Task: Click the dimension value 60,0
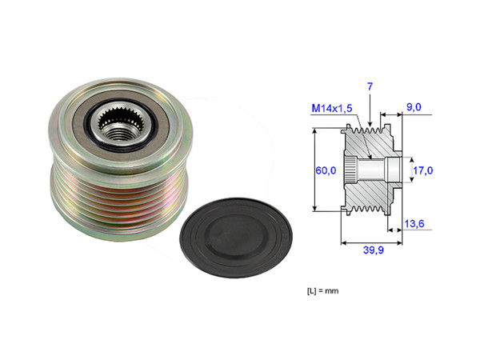[324, 170]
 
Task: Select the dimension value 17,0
[422, 170]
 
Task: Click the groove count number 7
[370, 86]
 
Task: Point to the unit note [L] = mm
[323, 290]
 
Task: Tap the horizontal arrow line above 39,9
[370, 240]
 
